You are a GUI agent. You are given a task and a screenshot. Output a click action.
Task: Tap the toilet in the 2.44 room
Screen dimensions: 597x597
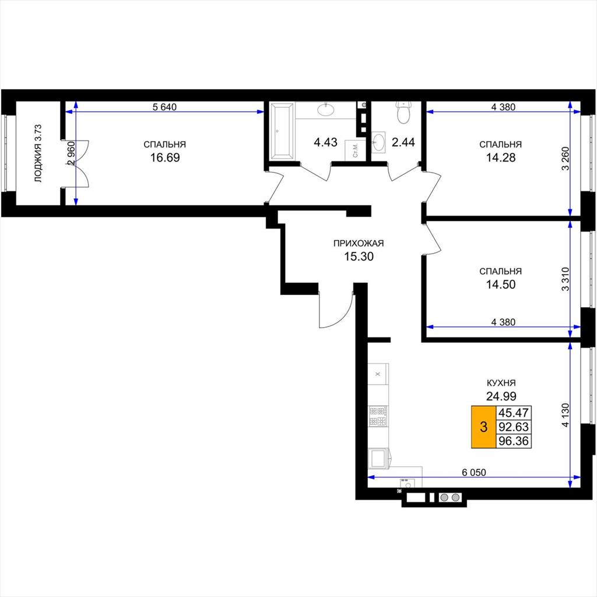pyautogui.click(x=403, y=112)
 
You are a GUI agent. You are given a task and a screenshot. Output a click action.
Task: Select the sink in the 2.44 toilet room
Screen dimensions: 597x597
pyautogui.click(x=378, y=142)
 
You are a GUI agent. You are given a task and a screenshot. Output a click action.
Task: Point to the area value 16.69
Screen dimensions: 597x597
pyautogui.click(x=165, y=157)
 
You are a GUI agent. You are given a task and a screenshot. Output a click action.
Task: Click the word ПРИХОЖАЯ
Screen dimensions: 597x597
pyautogui.click(x=359, y=243)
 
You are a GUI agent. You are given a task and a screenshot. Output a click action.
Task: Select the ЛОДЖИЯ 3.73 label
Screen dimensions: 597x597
pyautogui.click(x=38, y=153)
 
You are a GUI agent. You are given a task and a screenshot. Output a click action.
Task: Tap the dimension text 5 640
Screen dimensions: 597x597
pyautogui.click(x=164, y=107)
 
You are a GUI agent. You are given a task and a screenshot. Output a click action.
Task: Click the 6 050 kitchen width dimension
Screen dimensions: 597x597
pyautogui.click(x=474, y=472)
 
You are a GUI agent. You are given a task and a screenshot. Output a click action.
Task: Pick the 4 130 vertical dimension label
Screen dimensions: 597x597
pyautogui.click(x=566, y=415)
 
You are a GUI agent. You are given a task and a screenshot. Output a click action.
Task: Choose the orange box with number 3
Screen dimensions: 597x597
pyautogui.click(x=483, y=427)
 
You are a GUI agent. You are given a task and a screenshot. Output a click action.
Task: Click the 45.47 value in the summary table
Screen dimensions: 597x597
pyautogui.click(x=514, y=412)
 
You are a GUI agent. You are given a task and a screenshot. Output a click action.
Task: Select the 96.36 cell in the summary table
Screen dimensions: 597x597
pyautogui.click(x=514, y=441)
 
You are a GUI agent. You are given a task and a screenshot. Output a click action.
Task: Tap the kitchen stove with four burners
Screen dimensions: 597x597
pyautogui.click(x=378, y=416)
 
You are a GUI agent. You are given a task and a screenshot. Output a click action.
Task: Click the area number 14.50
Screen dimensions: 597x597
pyautogui.click(x=501, y=285)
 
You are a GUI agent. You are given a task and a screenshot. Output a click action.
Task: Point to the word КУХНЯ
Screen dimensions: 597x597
pyautogui.click(x=501, y=383)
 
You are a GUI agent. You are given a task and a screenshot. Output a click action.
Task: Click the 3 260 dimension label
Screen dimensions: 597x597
pyautogui.click(x=566, y=159)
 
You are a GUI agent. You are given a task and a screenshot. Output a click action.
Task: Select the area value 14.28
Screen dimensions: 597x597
pyautogui.click(x=501, y=157)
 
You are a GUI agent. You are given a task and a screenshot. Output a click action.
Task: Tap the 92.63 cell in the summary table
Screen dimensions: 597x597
pyautogui.click(x=514, y=427)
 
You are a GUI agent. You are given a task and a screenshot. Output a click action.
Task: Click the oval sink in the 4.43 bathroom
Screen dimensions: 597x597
pyautogui.click(x=326, y=110)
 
